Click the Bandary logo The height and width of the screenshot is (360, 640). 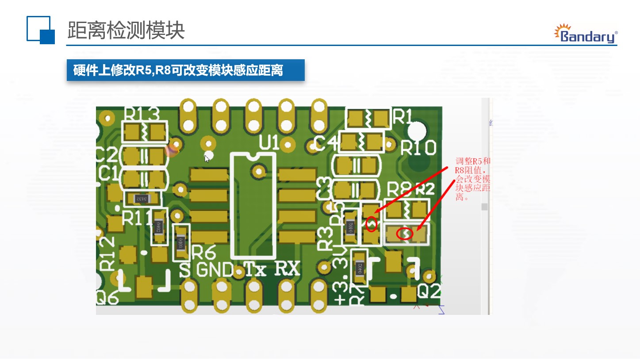tap(586, 34)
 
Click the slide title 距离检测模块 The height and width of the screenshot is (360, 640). tap(126, 31)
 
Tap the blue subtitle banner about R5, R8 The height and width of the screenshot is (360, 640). tap(185, 70)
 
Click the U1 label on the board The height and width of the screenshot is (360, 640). tap(270, 143)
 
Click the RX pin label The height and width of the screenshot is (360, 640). tap(287, 268)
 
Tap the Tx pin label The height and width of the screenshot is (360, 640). tap(255, 269)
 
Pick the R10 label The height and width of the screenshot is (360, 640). tap(418, 149)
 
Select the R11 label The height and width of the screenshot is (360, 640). tap(137, 218)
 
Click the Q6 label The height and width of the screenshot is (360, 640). tap(107, 299)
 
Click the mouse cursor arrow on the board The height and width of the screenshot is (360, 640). tap(207, 158)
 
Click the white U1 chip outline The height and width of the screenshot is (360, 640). tap(253, 205)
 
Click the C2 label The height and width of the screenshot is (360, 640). tap(107, 155)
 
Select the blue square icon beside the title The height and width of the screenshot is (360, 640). tap(41, 30)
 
